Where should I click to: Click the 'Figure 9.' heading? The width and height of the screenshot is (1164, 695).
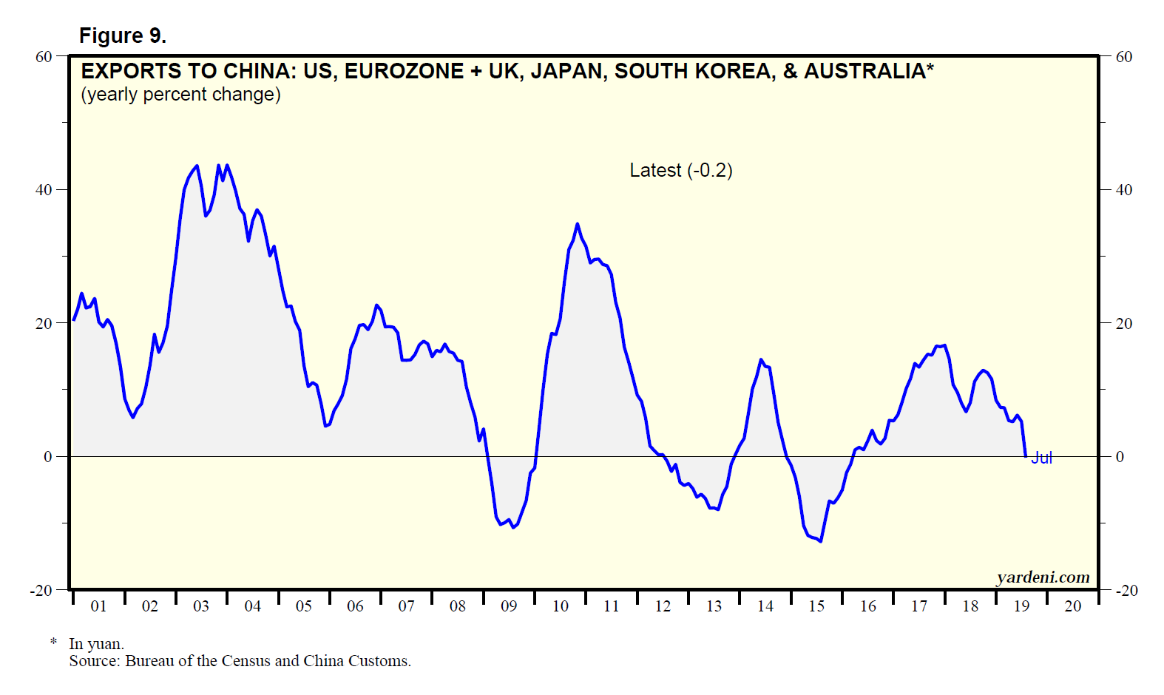tap(123, 35)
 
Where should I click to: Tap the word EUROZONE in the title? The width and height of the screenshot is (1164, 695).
tap(404, 71)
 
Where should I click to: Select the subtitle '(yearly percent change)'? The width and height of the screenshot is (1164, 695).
tap(180, 95)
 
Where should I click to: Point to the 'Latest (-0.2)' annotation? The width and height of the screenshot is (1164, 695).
tap(680, 171)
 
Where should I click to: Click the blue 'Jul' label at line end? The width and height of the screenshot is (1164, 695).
tap(1041, 458)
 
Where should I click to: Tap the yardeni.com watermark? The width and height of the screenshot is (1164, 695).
tap(1043, 577)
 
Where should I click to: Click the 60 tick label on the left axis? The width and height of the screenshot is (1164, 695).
tap(44, 57)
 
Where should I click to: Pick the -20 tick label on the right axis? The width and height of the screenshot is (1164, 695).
tap(1126, 591)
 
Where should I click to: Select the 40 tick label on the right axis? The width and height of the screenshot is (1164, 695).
tap(1123, 190)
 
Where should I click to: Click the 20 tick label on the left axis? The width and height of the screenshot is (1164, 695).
tap(44, 324)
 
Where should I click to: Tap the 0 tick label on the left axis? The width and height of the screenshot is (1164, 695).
tap(48, 457)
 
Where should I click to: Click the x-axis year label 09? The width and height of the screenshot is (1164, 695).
tap(509, 606)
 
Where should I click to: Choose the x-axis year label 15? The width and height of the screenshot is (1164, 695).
tap(816, 606)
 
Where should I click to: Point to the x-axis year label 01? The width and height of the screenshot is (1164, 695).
tap(98, 606)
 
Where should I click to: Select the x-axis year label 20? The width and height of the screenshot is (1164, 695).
tap(1072, 606)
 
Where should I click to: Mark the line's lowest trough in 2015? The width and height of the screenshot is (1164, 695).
tap(820, 541)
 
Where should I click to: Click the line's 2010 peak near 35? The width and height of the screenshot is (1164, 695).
tap(578, 224)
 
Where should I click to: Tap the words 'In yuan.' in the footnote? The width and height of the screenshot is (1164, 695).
tap(96, 644)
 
